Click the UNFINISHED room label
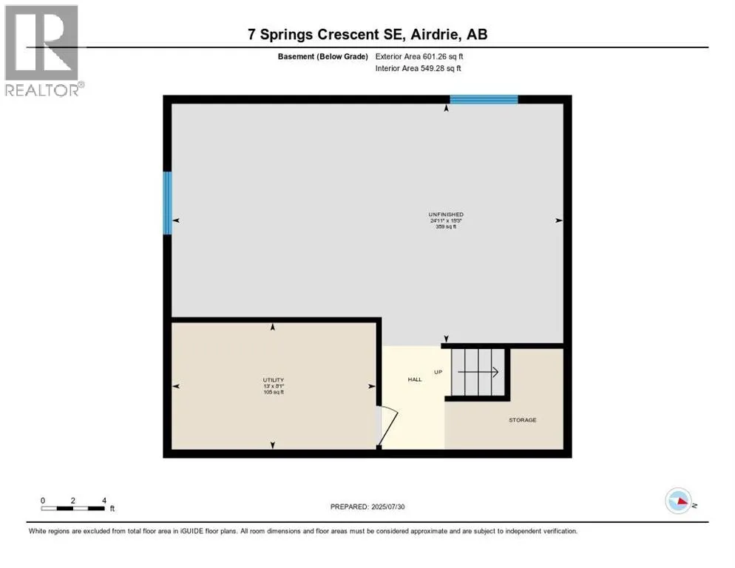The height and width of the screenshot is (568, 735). click(x=446, y=214)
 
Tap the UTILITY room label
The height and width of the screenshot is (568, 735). click(x=274, y=380)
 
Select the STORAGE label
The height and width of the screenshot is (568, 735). click(x=523, y=420)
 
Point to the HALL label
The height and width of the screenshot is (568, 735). click(x=415, y=379)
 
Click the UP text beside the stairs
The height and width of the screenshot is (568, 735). click(x=438, y=372)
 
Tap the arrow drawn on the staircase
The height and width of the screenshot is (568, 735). click(x=478, y=372)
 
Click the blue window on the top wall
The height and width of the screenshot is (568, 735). click(x=484, y=99)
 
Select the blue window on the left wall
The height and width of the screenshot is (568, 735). click(x=167, y=203)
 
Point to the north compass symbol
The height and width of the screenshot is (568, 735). click(x=679, y=501)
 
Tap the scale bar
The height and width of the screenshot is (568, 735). click(x=72, y=508)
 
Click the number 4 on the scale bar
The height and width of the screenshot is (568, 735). click(x=104, y=501)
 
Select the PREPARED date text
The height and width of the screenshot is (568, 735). click(x=367, y=507)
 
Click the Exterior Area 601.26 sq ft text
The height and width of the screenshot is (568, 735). click(x=419, y=56)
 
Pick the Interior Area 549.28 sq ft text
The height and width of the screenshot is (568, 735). click(x=418, y=68)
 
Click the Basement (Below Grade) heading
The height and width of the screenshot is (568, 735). click(x=322, y=56)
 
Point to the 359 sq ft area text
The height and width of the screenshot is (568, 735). click(x=446, y=226)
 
